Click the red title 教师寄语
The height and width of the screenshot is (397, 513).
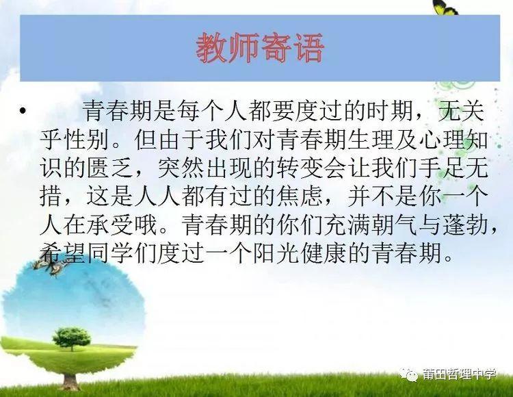(260, 48)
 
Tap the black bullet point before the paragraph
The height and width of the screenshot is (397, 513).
(23, 111)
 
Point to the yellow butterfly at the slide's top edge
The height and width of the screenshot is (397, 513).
(445, 8)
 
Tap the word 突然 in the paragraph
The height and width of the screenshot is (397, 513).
(182, 168)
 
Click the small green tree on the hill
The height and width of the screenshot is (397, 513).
(72, 338)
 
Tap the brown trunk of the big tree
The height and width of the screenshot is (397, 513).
(71, 381)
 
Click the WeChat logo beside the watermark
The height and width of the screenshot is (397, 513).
(409, 374)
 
